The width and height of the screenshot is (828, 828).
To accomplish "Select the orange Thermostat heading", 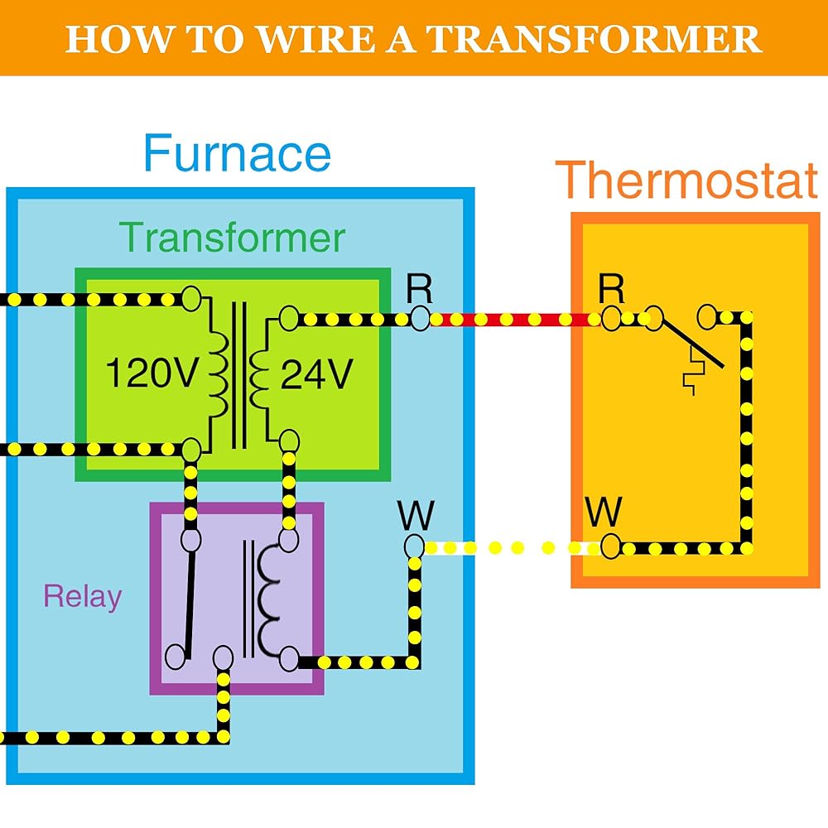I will [x=686, y=180].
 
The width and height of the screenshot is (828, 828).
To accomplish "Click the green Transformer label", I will [x=232, y=238].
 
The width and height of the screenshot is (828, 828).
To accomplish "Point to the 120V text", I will [x=152, y=375].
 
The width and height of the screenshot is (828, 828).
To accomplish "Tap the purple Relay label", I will [x=82, y=596].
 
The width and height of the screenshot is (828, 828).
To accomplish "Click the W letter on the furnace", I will [x=415, y=515].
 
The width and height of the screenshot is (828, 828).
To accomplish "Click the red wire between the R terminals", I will [x=513, y=319].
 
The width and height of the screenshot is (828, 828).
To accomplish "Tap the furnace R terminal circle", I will [x=420, y=319].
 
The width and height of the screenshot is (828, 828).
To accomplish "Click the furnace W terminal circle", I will [x=414, y=546].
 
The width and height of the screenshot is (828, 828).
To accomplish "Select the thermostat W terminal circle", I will [x=611, y=547].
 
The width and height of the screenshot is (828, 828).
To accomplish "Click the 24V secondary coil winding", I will [x=259, y=373].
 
